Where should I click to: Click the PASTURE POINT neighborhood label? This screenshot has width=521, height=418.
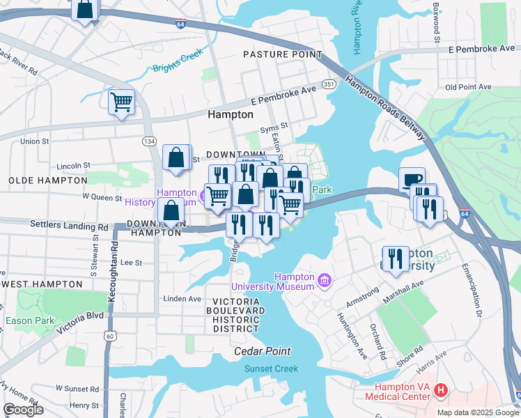[x=282, y=54]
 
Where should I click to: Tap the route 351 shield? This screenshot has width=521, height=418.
[x=329, y=84]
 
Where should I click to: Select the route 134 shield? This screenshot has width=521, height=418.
[x=149, y=141]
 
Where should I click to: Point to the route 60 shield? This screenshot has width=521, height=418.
[x=110, y=336]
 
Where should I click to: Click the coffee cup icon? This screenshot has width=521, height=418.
[x=412, y=180]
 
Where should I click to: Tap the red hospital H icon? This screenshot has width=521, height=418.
[x=440, y=392]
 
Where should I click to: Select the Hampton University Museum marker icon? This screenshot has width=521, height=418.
[x=324, y=281]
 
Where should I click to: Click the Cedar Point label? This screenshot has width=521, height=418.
[x=262, y=351]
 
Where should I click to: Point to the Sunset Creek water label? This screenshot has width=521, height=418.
[x=271, y=369]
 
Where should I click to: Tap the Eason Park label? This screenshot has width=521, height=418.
[x=20, y=320]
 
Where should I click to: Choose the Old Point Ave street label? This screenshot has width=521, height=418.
[x=468, y=87]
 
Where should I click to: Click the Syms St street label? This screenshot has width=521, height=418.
[x=274, y=127]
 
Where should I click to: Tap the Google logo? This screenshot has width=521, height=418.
[x=23, y=410]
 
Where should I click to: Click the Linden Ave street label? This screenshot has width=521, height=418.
[x=181, y=299]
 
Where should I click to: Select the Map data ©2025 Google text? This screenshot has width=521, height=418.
[x=478, y=412]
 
